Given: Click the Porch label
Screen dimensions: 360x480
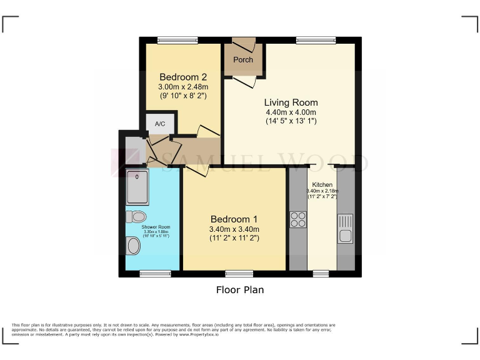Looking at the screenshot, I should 243,60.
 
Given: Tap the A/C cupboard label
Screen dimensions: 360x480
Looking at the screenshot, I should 160,124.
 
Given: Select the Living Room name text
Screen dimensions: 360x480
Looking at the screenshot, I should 291,102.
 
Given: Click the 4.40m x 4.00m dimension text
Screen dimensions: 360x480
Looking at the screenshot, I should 291,112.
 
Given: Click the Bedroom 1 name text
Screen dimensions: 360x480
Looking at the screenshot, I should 234,219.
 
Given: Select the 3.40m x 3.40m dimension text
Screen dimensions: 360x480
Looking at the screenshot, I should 234,229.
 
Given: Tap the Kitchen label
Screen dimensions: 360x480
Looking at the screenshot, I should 322,185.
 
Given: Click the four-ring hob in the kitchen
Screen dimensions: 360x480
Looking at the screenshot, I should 297,219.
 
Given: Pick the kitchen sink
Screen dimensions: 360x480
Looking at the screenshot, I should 345,228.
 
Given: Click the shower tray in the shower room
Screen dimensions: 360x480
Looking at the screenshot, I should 137,187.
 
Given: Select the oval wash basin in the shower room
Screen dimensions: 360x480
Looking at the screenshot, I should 133,247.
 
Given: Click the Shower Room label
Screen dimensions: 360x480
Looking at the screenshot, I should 156,227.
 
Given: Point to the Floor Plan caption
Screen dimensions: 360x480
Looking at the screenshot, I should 240,290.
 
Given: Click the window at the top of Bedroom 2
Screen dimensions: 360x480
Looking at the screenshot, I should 173,41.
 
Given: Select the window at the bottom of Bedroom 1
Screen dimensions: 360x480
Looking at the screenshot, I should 239,273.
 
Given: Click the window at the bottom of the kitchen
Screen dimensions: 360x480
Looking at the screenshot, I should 321,273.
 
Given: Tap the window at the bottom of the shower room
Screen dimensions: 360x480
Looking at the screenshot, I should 155,273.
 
